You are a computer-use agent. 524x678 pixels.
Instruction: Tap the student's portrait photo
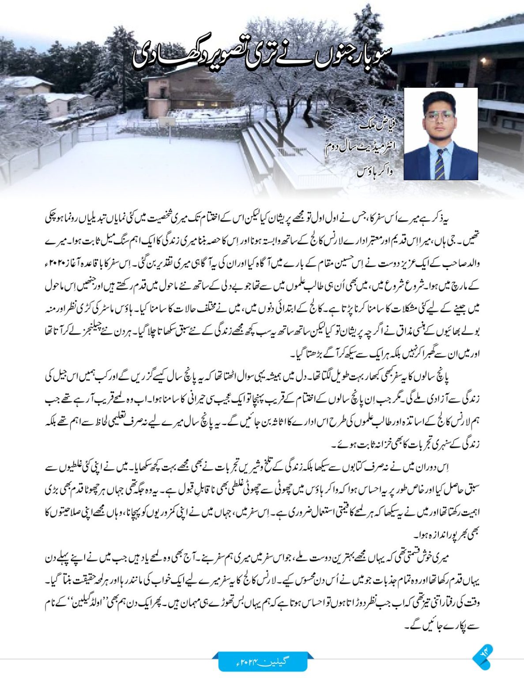[x=441, y=134]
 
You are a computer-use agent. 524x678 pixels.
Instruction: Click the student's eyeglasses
[x=439, y=116]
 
